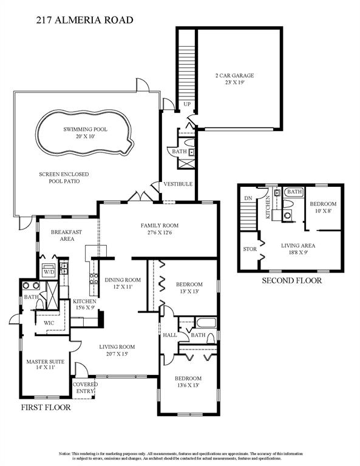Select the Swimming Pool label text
coord(83,133)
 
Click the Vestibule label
coord(177,184)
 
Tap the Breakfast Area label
coord(63,235)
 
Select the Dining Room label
coord(123,283)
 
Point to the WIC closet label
coord(49,323)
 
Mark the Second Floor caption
coord(291,280)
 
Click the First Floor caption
coord(46,407)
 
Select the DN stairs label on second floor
coord(248,198)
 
